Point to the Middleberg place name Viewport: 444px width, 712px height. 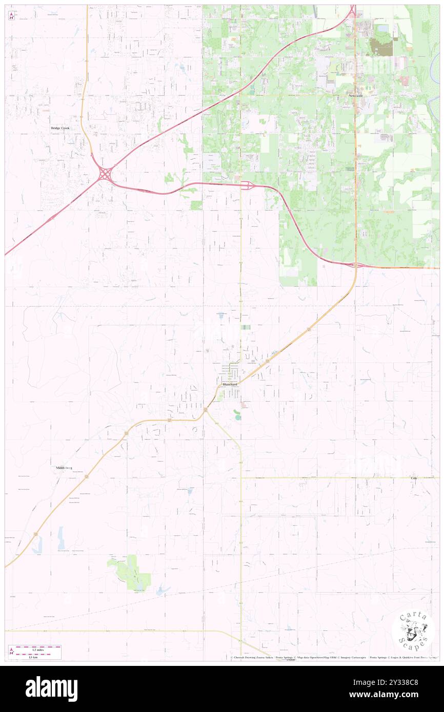65,468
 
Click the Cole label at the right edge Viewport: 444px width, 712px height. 414,478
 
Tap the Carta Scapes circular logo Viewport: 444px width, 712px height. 413,631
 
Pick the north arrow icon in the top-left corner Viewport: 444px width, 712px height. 11,15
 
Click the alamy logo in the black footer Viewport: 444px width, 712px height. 51,688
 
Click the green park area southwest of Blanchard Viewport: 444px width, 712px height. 130,571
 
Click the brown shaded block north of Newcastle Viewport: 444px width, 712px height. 382,47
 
